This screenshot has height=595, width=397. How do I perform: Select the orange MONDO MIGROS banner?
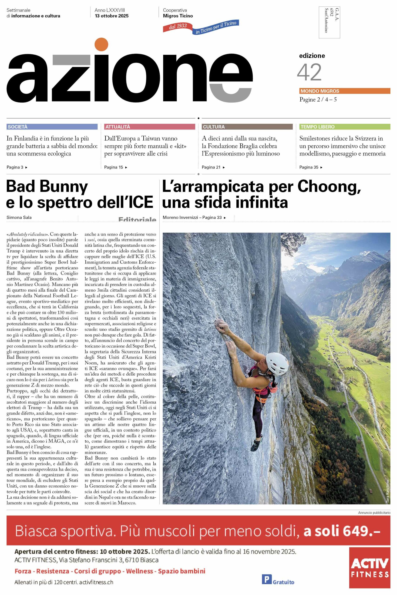(345, 91)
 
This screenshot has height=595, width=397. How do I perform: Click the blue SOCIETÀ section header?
(52, 127)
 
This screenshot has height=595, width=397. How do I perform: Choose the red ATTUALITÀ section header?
(149, 127)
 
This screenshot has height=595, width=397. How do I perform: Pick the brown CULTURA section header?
(247, 127)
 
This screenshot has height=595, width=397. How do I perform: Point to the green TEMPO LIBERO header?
(345, 127)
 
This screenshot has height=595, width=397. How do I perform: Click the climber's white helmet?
(277, 363)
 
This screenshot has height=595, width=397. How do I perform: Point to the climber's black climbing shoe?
(256, 444)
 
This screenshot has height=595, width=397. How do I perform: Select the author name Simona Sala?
(19, 217)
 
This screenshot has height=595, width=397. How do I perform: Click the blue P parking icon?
(266, 579)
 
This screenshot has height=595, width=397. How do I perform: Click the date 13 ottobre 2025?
(112, 16)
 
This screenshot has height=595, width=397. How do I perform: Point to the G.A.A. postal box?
(329, 23)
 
